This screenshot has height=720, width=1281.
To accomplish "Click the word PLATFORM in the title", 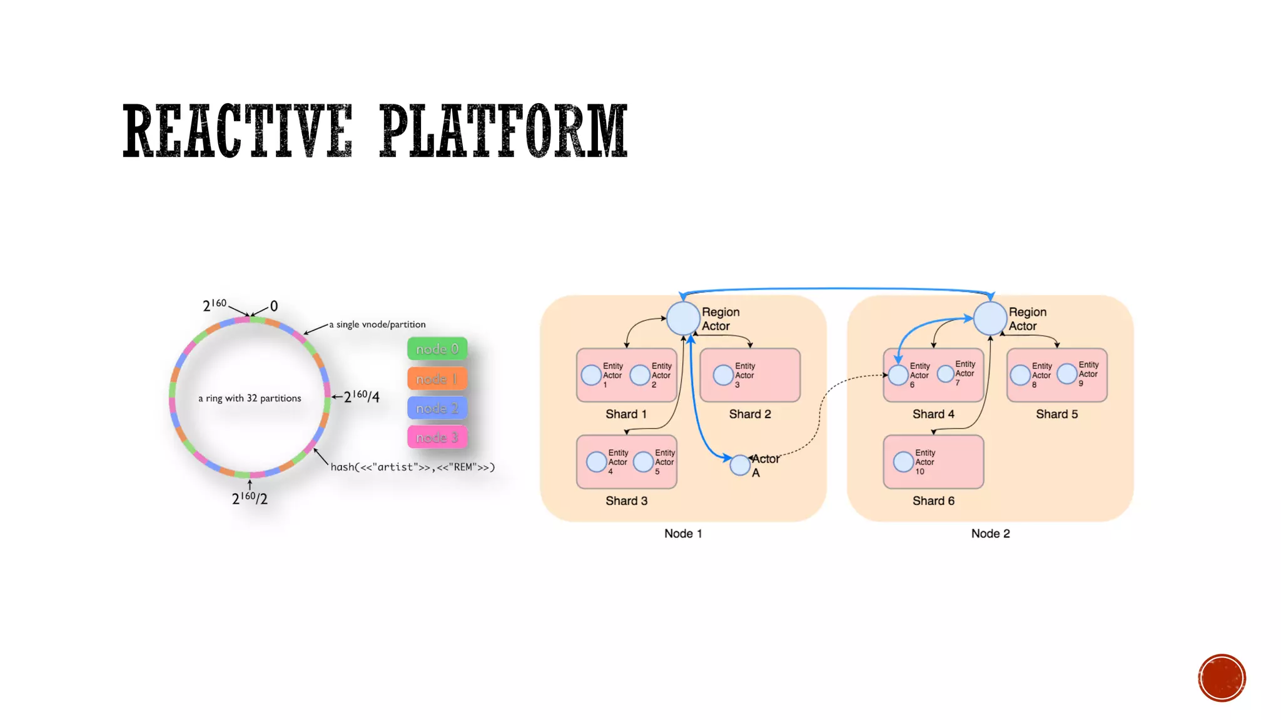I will pos(504,131).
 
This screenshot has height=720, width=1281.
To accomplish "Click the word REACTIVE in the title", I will pos(238,131).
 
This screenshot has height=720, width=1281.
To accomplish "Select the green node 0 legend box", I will pos(437,349).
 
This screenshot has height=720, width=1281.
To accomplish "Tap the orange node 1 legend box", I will pos(437,379).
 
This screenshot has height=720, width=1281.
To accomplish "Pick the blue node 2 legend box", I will pos(437,408).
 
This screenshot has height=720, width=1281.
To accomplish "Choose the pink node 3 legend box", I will pos(437,437).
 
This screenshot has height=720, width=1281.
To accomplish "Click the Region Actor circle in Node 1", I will pos(682,318).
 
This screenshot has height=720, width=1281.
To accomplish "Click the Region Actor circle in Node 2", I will pos(990,318).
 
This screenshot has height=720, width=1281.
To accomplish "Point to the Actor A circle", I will pos(740,465).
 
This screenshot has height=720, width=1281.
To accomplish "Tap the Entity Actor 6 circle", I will pos(898,375).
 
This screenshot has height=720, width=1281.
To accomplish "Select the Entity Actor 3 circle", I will pos(723,375).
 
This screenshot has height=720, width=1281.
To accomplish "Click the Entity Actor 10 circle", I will pos(903,462).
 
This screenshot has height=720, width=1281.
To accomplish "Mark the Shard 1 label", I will pos(626,414).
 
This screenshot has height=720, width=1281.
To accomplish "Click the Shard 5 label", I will pos(1056,414).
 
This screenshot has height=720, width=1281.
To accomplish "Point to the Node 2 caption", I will pos(990,533).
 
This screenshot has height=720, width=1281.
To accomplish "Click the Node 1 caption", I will pos(683,533).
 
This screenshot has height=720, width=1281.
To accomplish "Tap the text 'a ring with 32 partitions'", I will pos(250,398).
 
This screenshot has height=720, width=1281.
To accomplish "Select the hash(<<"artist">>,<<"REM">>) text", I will pos(412,467).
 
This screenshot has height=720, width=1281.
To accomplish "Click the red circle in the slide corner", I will pos(1222,678).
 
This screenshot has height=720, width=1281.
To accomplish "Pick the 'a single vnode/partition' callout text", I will pos(377,324).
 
